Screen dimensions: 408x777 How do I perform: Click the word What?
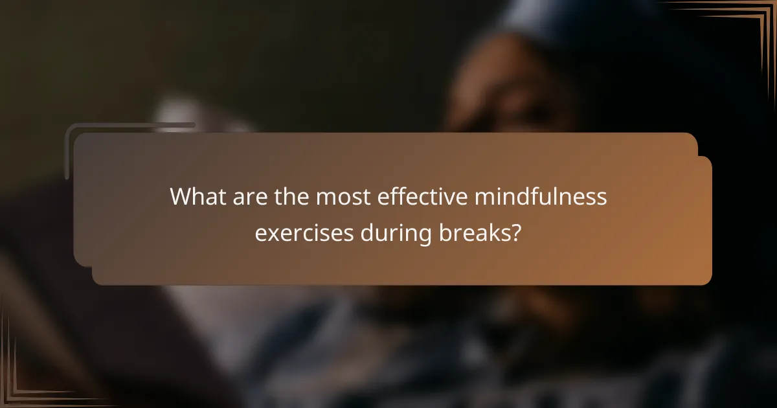(x=196, y=197)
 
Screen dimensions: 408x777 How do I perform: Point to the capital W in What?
(x=181, y=197)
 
